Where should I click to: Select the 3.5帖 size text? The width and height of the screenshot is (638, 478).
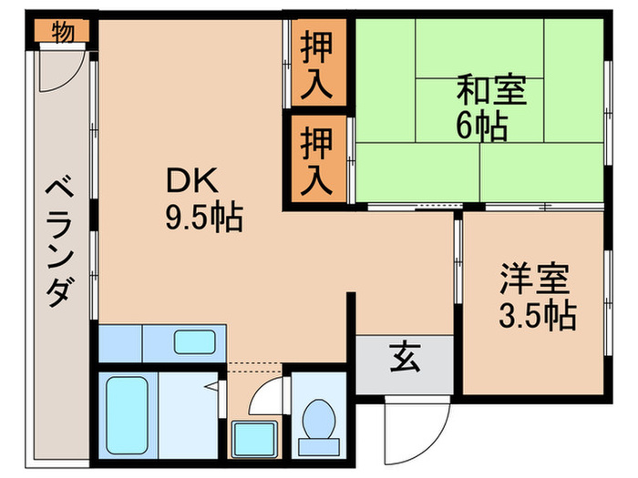[x=537, y=315]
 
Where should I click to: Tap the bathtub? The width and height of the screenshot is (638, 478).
[x=127, y=414]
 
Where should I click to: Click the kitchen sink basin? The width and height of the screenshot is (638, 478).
[x=194, y=342]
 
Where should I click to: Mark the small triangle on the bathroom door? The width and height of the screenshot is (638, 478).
[x=211, y=387]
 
